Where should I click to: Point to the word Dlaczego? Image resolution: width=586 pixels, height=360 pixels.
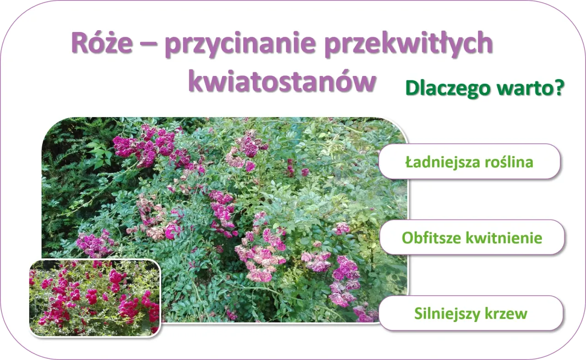(441, 89)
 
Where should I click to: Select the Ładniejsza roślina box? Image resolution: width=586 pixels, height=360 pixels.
(469, 161)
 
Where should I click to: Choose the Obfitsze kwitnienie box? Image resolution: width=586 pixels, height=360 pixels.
(472, 237)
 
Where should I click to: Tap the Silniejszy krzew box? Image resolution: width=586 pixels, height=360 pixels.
(471, 313)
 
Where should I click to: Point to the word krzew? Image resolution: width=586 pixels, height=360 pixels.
(506, 314)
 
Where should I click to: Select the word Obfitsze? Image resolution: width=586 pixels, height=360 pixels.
(431, 238)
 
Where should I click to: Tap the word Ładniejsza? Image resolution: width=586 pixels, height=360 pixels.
(439, 162)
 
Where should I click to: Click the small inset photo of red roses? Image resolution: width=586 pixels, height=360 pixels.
(95, 298)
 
